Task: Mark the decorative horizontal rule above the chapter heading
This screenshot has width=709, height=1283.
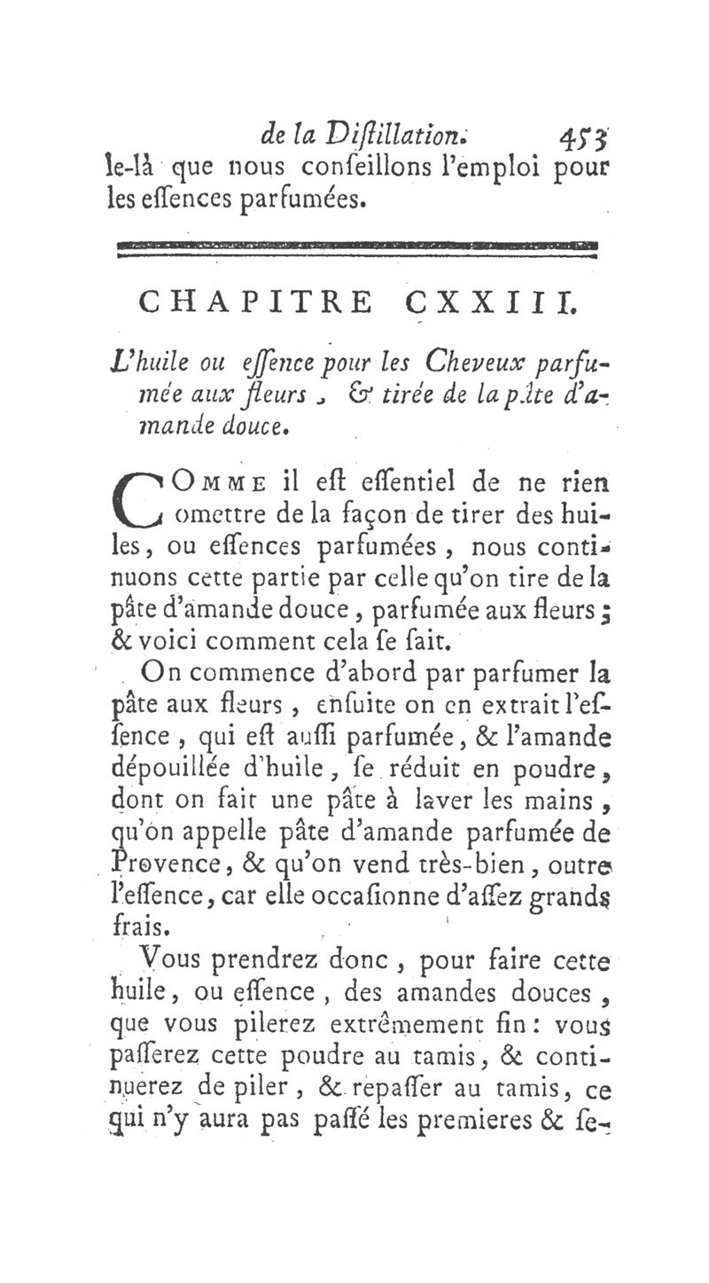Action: point(357,247)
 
